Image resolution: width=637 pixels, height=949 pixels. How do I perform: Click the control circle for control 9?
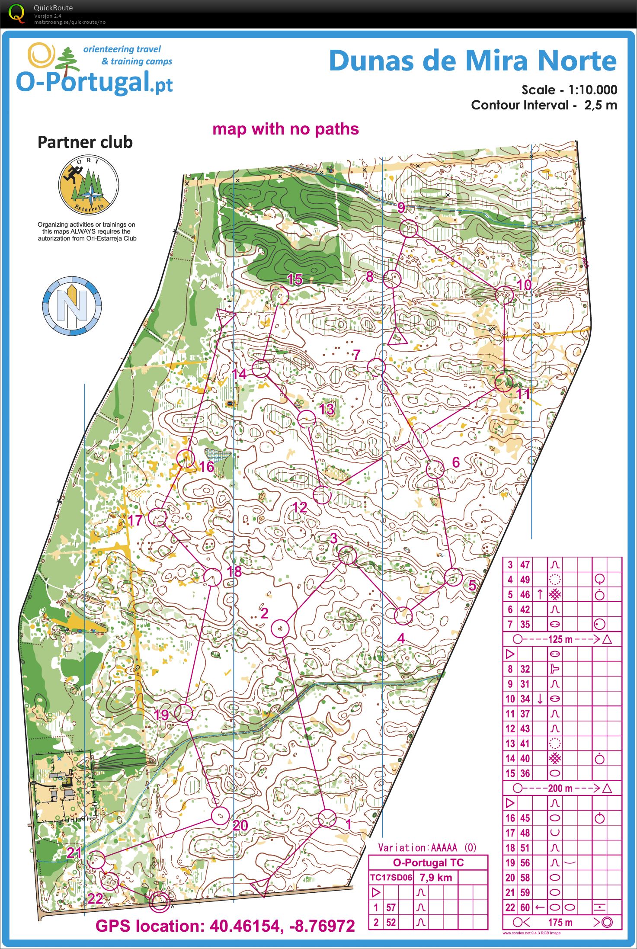pyautogui.click(x=408, y=228)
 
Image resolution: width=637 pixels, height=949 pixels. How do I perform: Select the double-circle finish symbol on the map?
pyautogui.click(x=158, y=902)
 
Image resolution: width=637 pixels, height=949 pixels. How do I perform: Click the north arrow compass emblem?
pyautogui.click(x=72, y=306)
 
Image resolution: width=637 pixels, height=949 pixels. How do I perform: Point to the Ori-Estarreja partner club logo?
pyautogui.click(x=89, y=185)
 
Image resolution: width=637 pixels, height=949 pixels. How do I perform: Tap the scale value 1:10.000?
pyautogui.click(x=592, y=90)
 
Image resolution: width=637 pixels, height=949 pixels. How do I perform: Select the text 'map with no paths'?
pyautogui.click(x=285, y=129)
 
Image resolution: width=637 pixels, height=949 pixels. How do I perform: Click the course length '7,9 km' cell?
pyautogui.click(x=435, y=878)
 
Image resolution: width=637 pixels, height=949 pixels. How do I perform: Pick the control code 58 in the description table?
pyautogui.click(x=525, y=878)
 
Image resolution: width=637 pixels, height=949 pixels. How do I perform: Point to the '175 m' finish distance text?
pyautogui.click(x=560, y=922)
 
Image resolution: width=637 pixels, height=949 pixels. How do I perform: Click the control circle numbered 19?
pyautogui.click(x=184, y=712)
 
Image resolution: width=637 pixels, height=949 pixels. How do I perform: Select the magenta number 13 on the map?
pyautogui.click(x=327, y=409)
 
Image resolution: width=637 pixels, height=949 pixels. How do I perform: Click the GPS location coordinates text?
pyautogui.click(x=225, y=926)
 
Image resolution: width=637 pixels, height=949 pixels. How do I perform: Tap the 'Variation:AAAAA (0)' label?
pyautogui.click(x=427, y=847)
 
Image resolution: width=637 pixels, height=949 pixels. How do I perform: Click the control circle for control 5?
pyautogui.click(x=453, y=577)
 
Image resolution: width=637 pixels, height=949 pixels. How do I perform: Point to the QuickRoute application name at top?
pyautogui.click(x=53, y=8)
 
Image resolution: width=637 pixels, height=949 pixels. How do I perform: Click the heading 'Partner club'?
pyautogui.click(x=85, y=142)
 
